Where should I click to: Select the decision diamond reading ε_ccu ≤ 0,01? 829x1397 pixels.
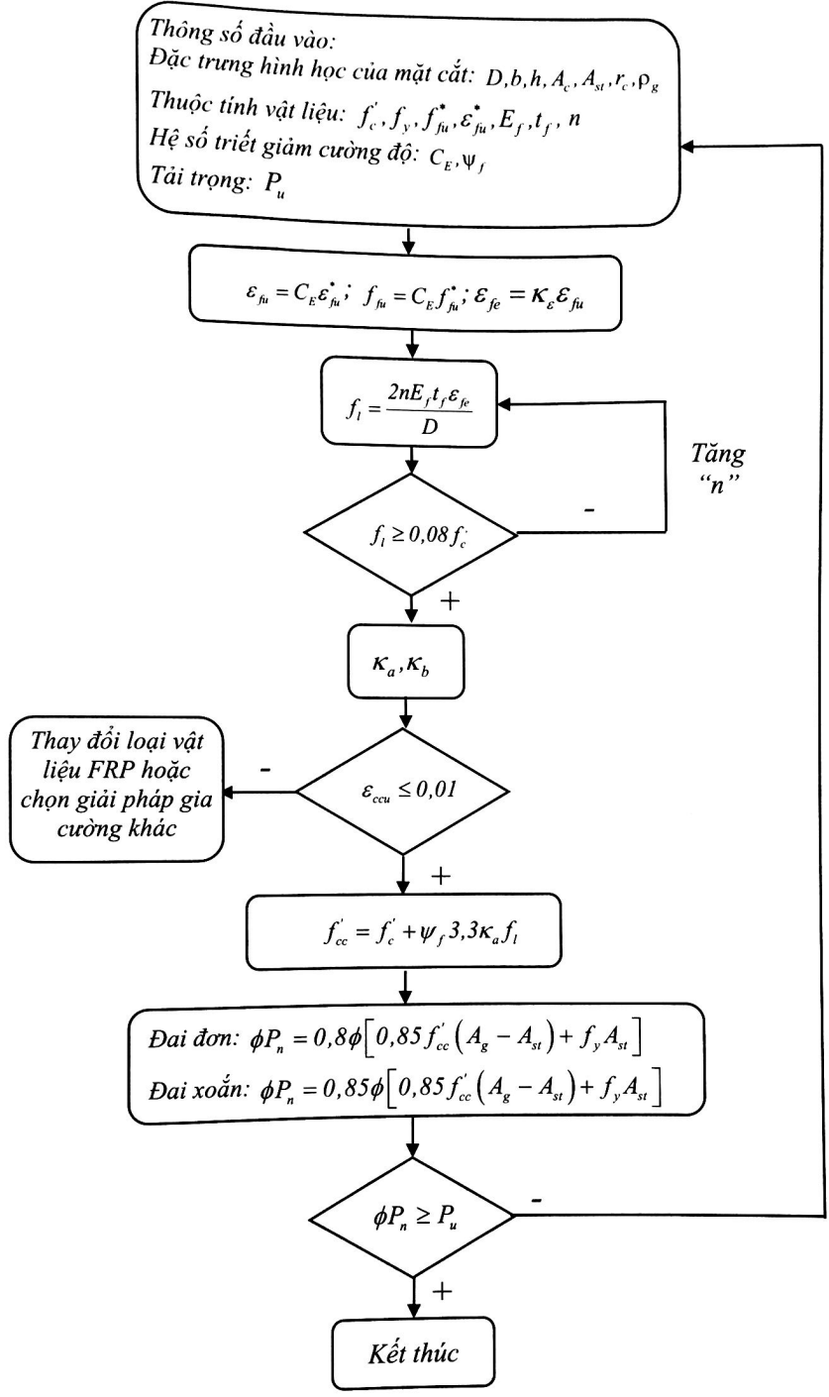pos(403,792)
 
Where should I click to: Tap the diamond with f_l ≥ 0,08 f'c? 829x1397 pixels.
pos(411,534)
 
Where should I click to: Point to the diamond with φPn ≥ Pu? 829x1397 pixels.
pos(412,1217)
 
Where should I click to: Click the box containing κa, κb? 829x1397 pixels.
pos(406,662)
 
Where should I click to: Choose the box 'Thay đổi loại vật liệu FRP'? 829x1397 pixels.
pos(117,790)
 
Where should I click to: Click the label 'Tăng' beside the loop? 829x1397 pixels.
pos(717,454)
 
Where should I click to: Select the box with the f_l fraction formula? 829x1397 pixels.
pos(409,402)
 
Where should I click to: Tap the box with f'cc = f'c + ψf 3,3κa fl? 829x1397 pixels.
pos(404,931)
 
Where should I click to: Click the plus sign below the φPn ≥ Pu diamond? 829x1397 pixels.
pos(442,1290)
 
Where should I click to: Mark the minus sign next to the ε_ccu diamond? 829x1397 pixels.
pos(264,770)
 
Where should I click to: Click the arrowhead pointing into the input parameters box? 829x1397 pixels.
pos(686,147)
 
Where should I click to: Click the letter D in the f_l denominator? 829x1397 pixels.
pos(430,426)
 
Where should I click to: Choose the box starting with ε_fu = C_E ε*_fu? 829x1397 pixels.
pos(406,292)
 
